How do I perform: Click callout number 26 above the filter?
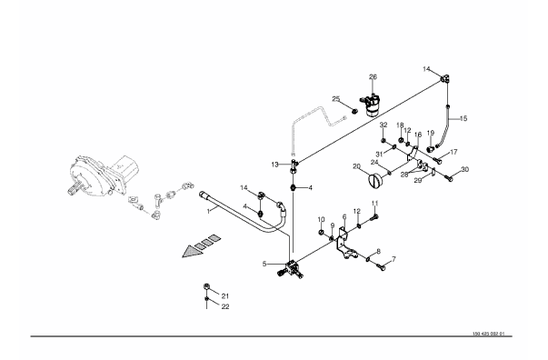coord(373,77)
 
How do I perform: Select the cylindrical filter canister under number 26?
coord(371,105)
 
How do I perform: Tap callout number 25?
coord(336,99)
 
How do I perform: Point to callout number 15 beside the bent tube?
coord(463,118)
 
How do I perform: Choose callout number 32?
coord(384,125)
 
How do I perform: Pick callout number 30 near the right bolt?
coord(464,169)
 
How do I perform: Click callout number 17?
coord(453,152)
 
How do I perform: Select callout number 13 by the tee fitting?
coord(275,165)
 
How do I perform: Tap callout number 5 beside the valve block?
coord(264,264)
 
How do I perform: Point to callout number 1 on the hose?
coord(208,211)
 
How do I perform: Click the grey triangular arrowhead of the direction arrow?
coord(192,252)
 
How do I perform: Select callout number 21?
coord(225,296)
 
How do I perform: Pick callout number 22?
coord(225,306)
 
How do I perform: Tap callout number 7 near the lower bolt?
coord(394,259)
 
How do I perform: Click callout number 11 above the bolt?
coord(374,203)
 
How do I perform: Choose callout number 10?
coord(321,219)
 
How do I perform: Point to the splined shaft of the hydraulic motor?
coord(75,188)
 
